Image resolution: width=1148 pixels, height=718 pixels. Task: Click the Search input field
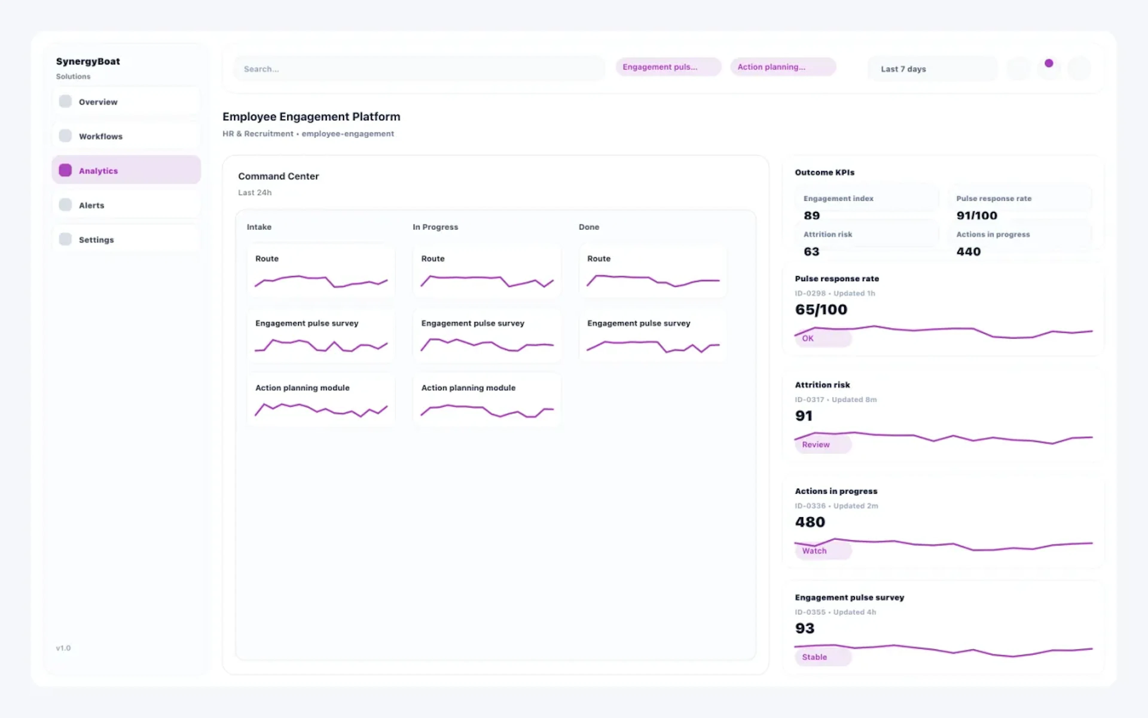pyautogui.click(x=419, y=69)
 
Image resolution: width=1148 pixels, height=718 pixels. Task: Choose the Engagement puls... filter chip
pyautogui.click(x=668, y=67)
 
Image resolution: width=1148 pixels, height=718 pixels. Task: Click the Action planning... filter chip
pyautogui.click(x=783, y=67)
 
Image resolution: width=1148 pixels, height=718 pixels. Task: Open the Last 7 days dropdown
pyautogui.click(x=932, y=69)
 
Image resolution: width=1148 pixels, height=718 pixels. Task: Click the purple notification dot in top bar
pyautogui.click(x=1048, y=63)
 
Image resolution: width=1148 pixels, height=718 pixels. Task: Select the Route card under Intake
pyautogui.click(x=321, y=271)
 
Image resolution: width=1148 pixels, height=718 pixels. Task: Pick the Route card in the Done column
pyautogui.click(x=652, y=271)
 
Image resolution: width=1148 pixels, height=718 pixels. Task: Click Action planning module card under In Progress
pyautogui.click(x=487, y=400)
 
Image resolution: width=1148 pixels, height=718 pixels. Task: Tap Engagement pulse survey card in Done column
pyautogui.click(x=652, y=336)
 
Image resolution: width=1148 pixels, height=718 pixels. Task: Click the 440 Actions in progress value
pyautogui.click(x=968, y=252)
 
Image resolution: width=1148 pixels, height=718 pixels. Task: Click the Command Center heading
pyautogui.click(x=278, y=176)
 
